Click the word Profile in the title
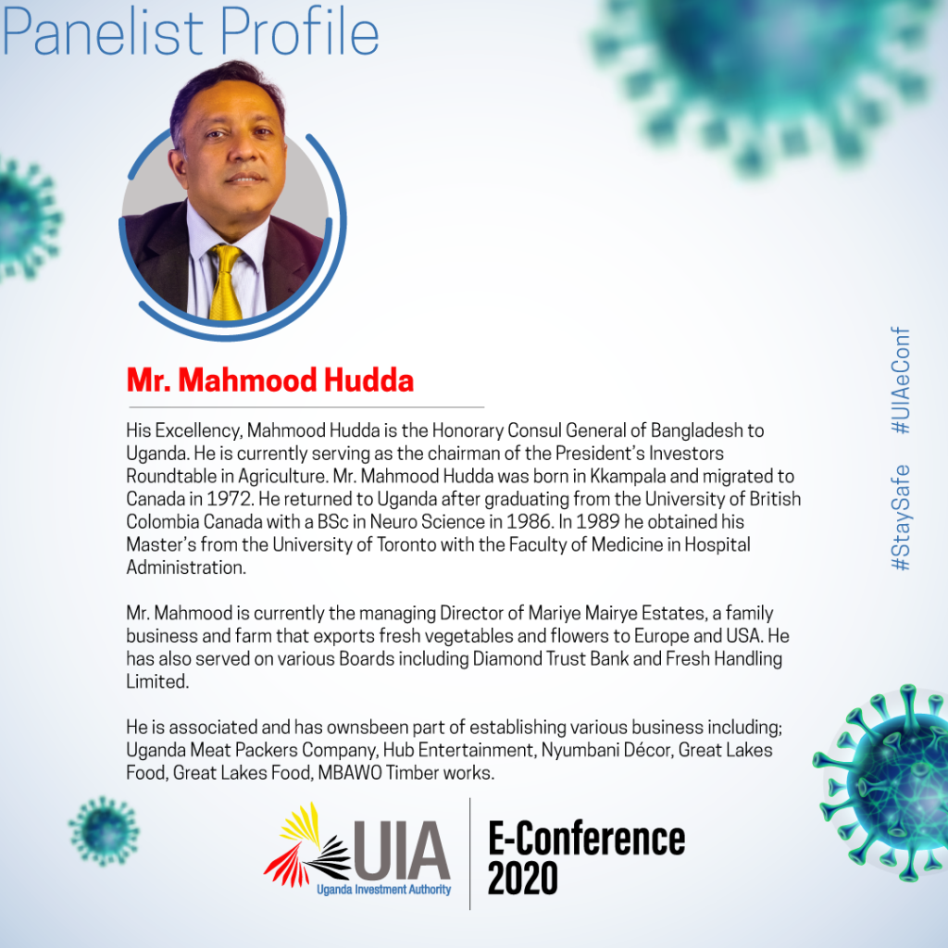[300, 32]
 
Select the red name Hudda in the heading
[368, 380]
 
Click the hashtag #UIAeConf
[900, 380]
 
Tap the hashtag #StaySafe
[900, 518]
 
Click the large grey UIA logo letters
[402, 851]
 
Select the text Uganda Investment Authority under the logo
[384, 890]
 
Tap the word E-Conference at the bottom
[586, 838]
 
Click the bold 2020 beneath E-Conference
[523, 878]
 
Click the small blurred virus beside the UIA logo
[104, 831]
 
